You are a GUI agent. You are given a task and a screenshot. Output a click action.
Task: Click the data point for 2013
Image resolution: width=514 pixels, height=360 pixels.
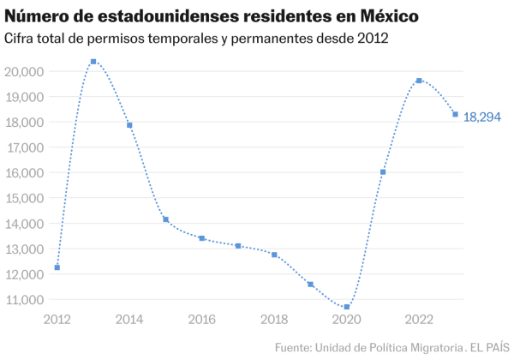(x=93, y=62)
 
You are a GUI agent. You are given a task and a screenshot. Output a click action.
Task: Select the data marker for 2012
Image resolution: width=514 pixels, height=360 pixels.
(x=57, y=267)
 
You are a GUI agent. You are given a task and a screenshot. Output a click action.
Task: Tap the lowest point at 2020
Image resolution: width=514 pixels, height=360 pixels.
(x=347, y=307)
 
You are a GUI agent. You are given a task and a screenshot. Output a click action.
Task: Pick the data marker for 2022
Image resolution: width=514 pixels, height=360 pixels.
(x=419, y=81)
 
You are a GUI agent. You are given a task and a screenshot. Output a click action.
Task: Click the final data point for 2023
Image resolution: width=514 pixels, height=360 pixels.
(x=455, y=115)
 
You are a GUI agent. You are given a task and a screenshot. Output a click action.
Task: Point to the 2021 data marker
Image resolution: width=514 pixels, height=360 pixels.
(x=383, y=172)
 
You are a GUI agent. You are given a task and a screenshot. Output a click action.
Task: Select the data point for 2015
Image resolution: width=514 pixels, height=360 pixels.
(x=166, y=219)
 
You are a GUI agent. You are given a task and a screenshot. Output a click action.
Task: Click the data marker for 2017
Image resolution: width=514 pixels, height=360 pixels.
(x=238, y=246)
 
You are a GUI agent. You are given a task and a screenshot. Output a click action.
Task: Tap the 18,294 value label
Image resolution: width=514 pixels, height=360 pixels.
(x=482, y=117)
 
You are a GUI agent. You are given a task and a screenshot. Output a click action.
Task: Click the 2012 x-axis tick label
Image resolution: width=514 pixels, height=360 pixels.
(x=57, y=321)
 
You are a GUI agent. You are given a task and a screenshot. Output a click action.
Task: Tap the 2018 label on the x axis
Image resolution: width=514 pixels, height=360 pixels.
(x=274, y=321)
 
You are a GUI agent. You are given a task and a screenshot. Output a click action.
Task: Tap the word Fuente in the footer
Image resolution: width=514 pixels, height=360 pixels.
(x=293, y=347)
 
